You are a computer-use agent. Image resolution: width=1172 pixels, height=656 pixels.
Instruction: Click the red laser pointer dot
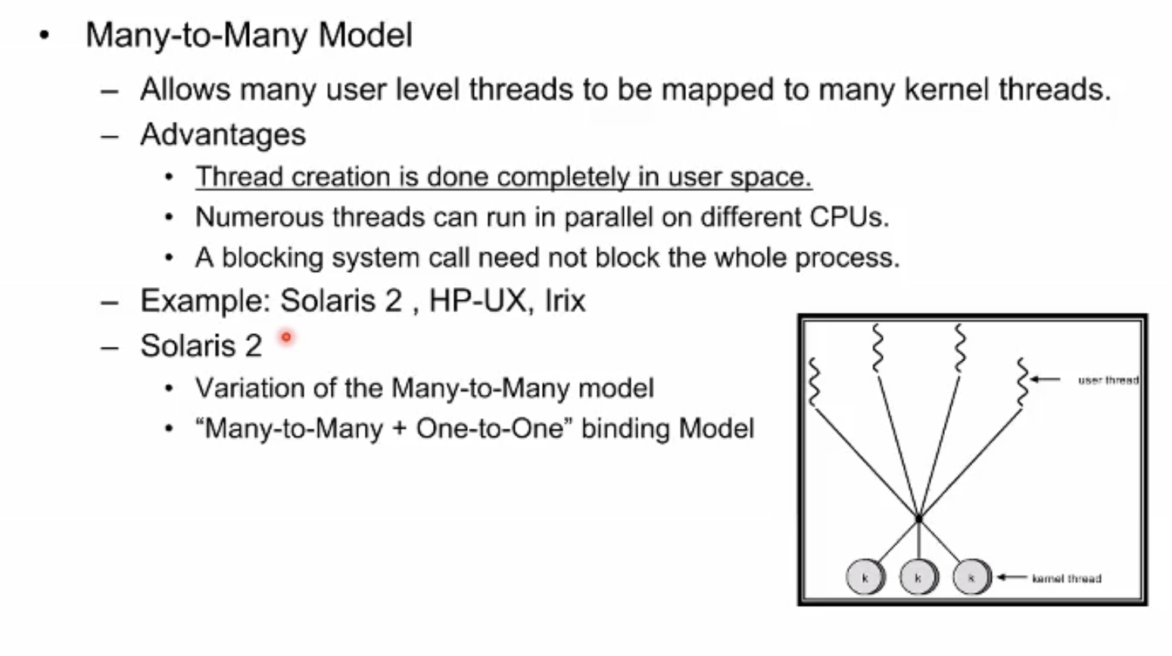(286, 337)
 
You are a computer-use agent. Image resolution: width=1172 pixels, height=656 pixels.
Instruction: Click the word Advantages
(223, 135)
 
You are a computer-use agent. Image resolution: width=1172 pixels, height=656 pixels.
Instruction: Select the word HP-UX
(477, 301)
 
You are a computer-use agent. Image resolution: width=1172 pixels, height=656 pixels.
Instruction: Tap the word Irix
(565, 301)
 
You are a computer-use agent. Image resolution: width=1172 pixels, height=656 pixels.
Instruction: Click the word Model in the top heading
(365, 35)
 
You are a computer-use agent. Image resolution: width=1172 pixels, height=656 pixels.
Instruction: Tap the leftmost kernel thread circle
(865, 577)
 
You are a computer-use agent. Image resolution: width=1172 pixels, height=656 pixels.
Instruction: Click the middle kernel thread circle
(919, 577)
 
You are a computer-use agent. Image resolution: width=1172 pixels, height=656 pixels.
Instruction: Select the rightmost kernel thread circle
(972, 577)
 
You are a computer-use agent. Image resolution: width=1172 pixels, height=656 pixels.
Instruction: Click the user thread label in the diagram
(1108, 380)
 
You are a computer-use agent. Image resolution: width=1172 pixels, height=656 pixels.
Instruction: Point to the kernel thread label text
(1067, 579)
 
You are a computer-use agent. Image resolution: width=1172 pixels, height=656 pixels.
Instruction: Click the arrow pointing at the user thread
(1045, 379)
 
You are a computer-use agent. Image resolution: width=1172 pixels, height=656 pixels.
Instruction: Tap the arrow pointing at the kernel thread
(1012, 577)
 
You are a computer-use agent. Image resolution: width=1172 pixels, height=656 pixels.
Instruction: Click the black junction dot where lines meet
(919, 519)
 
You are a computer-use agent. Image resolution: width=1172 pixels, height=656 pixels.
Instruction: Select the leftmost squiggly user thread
(814, 383)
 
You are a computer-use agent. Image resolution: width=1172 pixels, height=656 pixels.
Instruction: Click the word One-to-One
(490, 429)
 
